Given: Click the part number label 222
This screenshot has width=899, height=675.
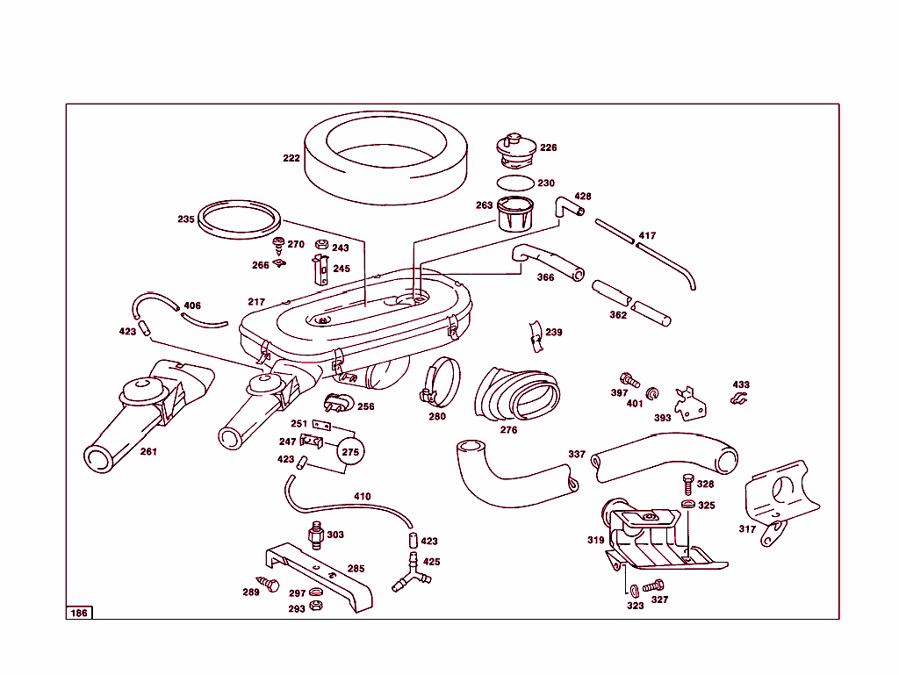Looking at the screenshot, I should coord(291,159).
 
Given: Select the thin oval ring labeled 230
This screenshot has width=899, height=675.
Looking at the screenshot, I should coord(514,183).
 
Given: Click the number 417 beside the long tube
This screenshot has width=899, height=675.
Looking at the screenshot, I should coord(647,236).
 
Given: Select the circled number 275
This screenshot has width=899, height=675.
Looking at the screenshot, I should coord(350,452).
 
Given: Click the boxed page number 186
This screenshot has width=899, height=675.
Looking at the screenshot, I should coord(79,613).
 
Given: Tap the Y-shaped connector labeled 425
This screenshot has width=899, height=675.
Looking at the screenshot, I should coord(410,578).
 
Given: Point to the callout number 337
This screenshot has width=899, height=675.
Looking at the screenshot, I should coord(576,455).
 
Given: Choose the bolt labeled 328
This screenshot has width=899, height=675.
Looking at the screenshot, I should coord(687,484).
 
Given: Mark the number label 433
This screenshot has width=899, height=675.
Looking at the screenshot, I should coord(741,385).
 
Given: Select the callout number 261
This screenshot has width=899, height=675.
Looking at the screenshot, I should coord(148,451).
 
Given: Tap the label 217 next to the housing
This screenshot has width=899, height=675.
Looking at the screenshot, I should coord(255,302).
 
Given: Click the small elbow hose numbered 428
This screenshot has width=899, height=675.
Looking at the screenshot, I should coord(566,208).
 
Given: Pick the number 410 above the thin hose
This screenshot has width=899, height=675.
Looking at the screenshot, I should coord(362,497).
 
